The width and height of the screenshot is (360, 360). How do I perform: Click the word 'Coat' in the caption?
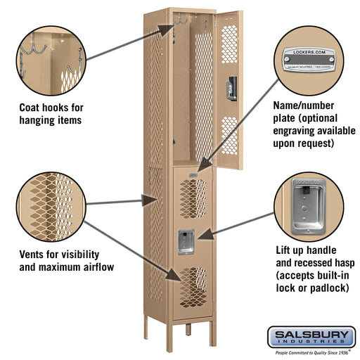pos(32,108)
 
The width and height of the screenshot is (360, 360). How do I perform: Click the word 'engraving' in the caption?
pos(295,131)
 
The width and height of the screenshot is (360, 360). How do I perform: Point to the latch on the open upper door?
pos(227,88)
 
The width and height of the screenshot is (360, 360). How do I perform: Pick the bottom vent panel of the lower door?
pos(191,282)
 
